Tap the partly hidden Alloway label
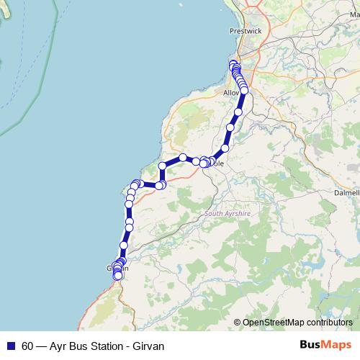[x=231, y=94]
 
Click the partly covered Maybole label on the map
[x=218, y=163]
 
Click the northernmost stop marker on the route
[x=233, y=64]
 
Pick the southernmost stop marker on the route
[x=118, y=276]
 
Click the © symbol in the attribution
[x=238, y=322]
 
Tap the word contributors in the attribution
[x=330, y=322]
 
